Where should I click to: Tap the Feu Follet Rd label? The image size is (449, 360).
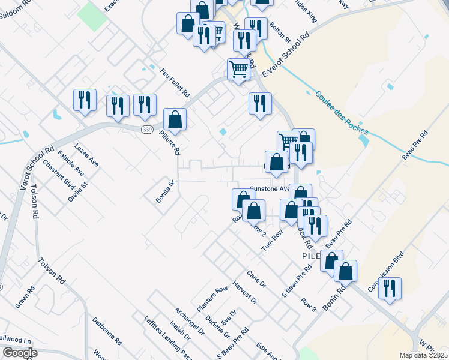pyautogui.click(x=175, y=82)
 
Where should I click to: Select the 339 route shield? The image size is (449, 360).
pyautogui.click(x=146, y=130)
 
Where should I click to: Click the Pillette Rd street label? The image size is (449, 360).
pyautogui.click(x=170, y=144)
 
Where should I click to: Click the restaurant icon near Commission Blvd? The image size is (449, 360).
pyautogui.click(x=390, y=289)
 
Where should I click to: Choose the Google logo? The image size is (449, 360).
pyautogui.click(x=19, y=353)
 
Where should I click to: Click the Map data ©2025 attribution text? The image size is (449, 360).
pyautogui.click(x=424, y=355)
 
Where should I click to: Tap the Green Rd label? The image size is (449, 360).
pyautogui.click(x=25, y=298)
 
